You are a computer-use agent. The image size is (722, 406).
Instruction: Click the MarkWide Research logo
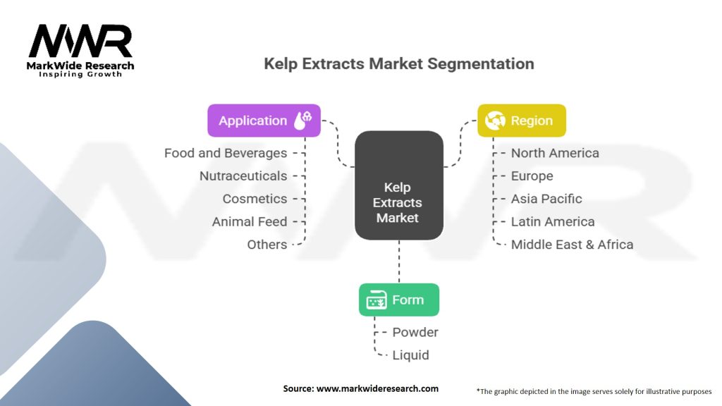click(81, 50)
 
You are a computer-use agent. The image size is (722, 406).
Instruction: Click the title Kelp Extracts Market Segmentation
click(398, 64)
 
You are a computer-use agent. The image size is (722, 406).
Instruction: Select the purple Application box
click(264, 121)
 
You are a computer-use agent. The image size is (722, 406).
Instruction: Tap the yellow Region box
click(521, 121)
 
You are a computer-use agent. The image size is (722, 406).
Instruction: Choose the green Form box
click(398, 300)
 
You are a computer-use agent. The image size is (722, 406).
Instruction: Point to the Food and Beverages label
click(226, 153)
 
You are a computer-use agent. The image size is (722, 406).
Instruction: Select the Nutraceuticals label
click(243, 176)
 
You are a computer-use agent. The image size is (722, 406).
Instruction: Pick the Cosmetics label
click(255, 199)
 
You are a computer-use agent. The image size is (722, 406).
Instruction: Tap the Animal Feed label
click(250, 221)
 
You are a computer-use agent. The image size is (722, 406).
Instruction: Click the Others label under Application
click(267, 245)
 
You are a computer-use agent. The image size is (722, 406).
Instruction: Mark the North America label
click(555, 153)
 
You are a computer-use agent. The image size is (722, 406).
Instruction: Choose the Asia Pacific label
click(546, 199)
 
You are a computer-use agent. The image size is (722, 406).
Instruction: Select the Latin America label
click(553, 221)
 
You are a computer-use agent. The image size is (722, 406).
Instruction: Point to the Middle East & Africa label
click(572, 245)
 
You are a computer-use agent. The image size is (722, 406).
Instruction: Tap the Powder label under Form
click(415, 332)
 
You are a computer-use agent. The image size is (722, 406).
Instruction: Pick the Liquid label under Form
click(410, 355)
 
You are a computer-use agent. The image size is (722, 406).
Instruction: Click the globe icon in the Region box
click(494, 121)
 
